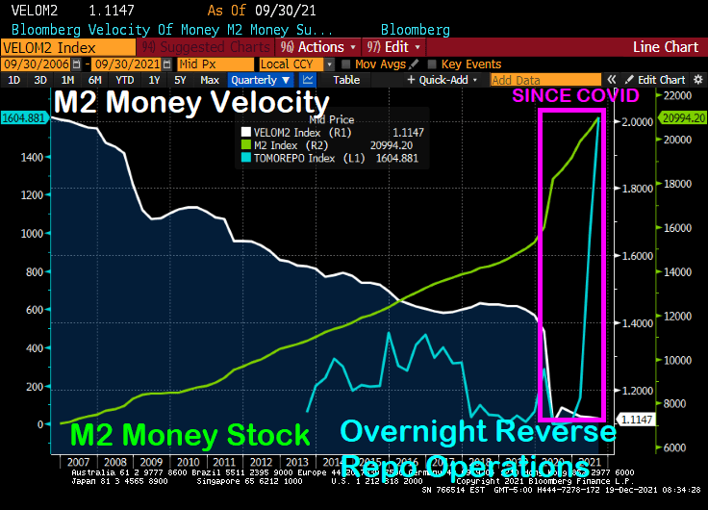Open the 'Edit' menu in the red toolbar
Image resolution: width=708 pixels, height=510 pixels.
click(395, 46)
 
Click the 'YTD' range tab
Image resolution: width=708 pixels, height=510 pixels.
click(125, 80)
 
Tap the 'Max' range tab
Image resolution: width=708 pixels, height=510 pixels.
click(210, 80)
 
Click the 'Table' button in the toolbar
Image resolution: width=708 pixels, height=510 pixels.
click(346, 80)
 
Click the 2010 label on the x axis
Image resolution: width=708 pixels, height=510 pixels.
click(190, 462)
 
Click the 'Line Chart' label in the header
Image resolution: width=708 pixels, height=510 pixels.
click(666, 46)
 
